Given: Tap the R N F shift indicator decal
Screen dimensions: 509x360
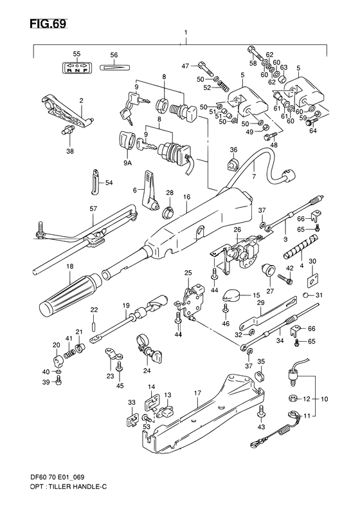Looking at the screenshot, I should (x=76, y=69).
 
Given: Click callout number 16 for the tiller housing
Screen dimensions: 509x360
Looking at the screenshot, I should (x=187, y=198).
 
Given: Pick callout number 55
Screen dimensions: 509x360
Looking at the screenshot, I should (x=76, y=54).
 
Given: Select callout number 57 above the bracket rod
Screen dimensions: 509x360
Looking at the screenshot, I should (x=93, y=209).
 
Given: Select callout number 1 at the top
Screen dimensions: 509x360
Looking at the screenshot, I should (x=184, y=32).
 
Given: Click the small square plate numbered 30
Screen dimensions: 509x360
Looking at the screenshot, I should (x=312, y=279).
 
